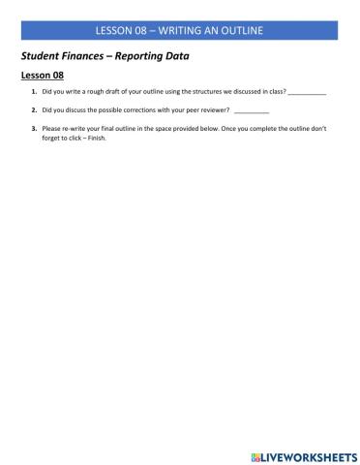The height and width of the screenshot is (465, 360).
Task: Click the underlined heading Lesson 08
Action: click(42, 75)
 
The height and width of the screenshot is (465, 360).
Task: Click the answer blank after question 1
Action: click(307, 92)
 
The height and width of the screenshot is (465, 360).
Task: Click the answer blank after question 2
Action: click(252, 110)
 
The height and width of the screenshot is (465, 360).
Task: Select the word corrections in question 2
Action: click(143, 109)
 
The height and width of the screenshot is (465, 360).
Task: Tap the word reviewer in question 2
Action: click(214, 109)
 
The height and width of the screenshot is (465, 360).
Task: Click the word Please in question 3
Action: click(52, 128)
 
